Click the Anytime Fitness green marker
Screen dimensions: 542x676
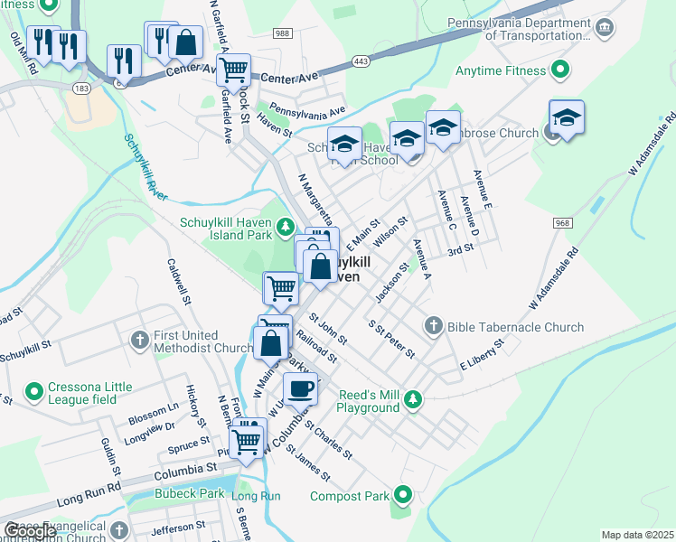pyautogui.click(x=560, y=69)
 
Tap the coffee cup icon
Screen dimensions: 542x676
pyautogui.click(x=300, y=389)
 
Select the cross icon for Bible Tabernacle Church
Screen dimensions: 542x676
pyautogui.click(x=433, y=326)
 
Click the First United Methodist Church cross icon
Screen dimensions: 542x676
pyautogui.click(x=139, y=340)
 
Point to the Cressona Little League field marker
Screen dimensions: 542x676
pyautogui.click(x=34, y=392)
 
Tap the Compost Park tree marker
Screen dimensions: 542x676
pyautogui.click(x=403, y=495)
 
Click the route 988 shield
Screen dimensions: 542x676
pyautogui.click(x=282, y=33)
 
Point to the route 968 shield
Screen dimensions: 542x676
pyautogui.click(x=561, y=223)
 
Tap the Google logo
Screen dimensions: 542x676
pyautogui.click(x=30, y=531)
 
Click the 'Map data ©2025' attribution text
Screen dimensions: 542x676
pyautogui.click(x=638, y=535)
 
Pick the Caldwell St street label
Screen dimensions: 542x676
pyautogui.click(x=178, y=280)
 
